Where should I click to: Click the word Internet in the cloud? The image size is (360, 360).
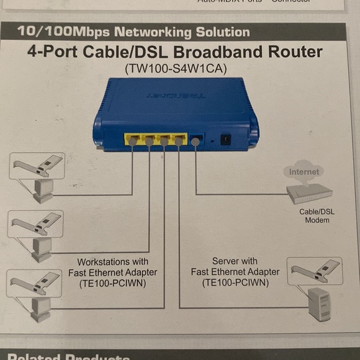304,171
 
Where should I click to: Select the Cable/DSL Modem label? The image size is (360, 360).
317,215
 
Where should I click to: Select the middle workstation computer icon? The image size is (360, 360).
42,246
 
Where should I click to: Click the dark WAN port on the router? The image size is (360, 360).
196,140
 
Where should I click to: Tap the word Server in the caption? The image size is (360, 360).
226,261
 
